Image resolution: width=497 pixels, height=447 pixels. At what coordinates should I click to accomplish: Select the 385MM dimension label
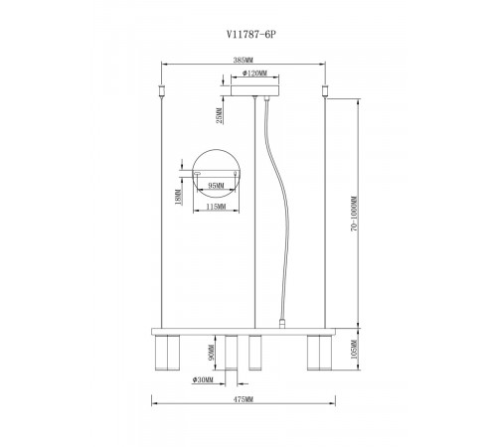tap(243, 60)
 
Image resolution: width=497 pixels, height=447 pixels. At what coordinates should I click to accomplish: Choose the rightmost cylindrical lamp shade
tap(318, 352)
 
